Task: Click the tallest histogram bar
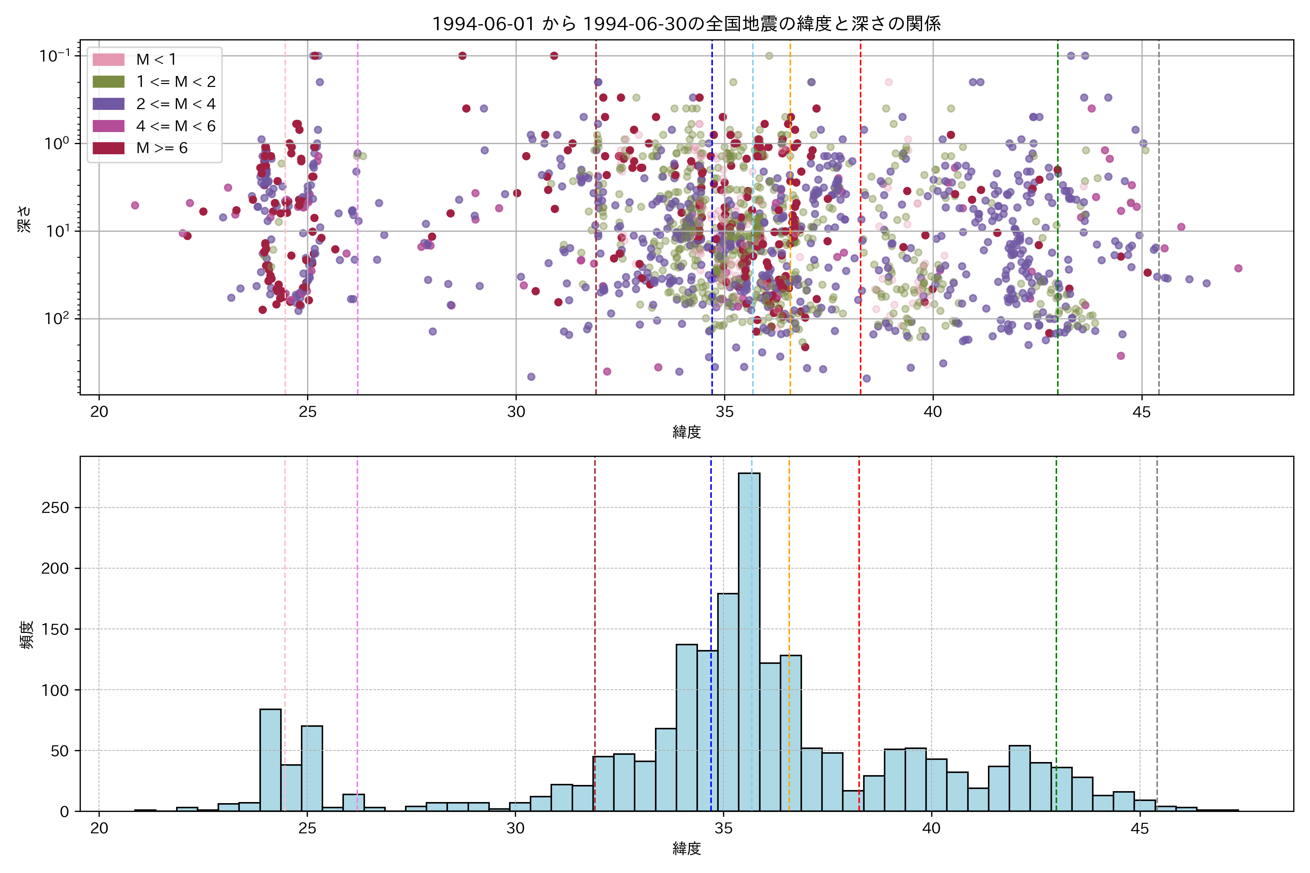coord(749,640)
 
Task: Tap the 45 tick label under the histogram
coord(1140,829)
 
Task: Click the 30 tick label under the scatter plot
coord(516,412)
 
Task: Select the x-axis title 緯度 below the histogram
coord(686,849)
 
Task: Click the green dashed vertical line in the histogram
coord(1056,613)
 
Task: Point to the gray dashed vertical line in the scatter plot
coord(1159,223)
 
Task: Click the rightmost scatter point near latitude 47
coord(1238,268)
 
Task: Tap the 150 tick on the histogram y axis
coord(55,629)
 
